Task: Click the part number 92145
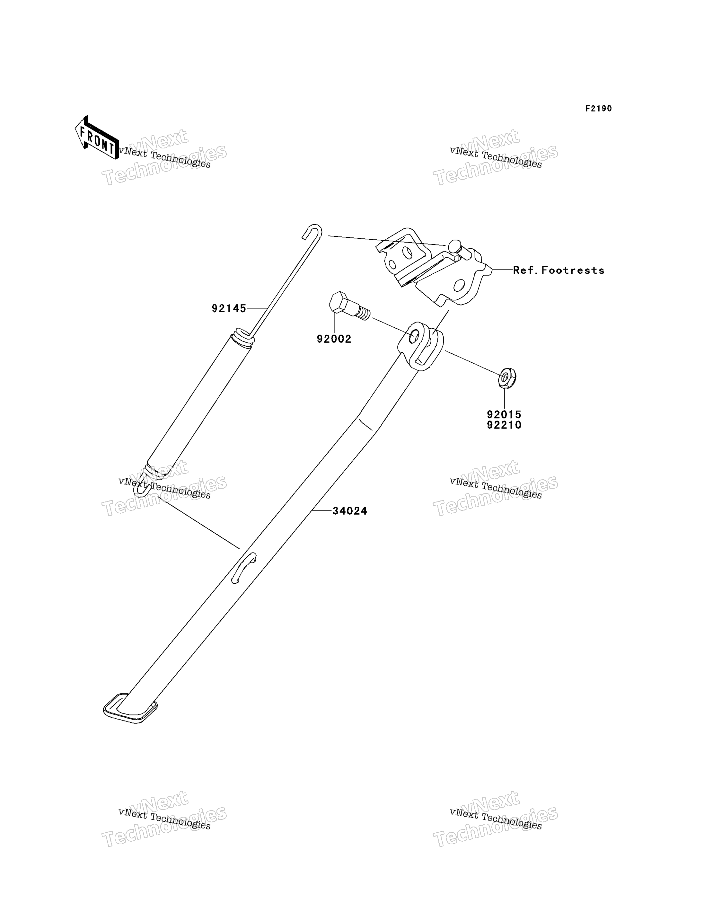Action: click(229, 308)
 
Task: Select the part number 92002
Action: click(334, 339)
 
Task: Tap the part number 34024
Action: click(350, 511)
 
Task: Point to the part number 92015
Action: click(504, 415)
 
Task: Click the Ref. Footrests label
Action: click(559, 270)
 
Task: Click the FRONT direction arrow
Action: click(96, 137)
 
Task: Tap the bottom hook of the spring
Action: click(142, 488)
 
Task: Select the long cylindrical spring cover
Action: click(199, 404)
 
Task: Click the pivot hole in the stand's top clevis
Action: click(414, 336)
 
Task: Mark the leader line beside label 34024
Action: click(321, 511)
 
